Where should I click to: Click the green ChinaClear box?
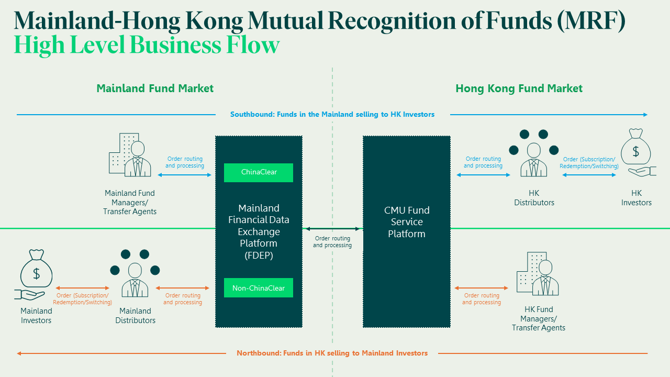click(259, 172)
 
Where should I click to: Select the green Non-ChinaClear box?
click(259, 288)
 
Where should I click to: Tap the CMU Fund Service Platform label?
click(407, 222)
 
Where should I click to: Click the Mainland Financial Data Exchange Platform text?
click(259, 231)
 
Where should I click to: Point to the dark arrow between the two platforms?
click(333, 229)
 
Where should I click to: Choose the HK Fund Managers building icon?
click(538, 274)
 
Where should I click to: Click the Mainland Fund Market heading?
click(155, 88)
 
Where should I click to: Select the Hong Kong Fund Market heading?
click(519, 88)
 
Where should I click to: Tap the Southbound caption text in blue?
click(332, 114)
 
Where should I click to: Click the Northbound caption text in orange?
click(332, 353)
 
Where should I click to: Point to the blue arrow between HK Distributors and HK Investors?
click(589, 175)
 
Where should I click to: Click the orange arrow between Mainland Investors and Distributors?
click(83, 288)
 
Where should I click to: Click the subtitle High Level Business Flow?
click(147, 45)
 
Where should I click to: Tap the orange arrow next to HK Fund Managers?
click(482, 288)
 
